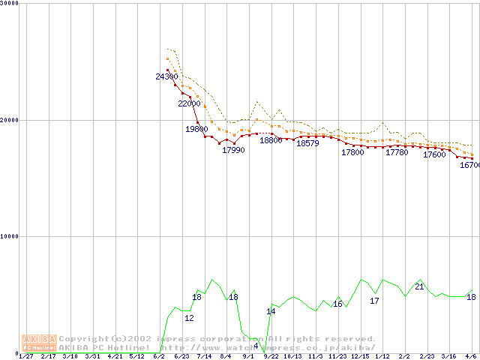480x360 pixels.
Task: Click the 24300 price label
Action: (x=166, y=76)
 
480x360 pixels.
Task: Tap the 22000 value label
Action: (x=189, y=103)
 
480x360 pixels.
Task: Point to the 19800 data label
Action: (x=196, y=129)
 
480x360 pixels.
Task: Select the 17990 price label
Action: (x=233, y=150)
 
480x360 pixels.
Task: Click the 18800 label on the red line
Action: (x=271, y=140)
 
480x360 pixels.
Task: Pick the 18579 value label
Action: (x=307, y=143)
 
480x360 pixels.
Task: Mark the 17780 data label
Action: (x=397, y=152)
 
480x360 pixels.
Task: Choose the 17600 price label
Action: (x=434, y=155)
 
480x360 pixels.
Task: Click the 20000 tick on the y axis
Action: (x=10, y=119)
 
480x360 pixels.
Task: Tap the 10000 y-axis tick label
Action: (x=10, y=236)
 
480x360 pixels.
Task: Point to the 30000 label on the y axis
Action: (x=10, y=3)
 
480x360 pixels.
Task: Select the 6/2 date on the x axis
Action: (x=158, y=356)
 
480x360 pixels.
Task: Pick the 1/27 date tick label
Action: (x=25, y=356)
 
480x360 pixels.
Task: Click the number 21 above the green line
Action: (x=419, y=286)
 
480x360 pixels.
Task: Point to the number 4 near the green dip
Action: (x=256, y=346)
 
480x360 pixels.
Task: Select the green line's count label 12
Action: (x=189, y=318)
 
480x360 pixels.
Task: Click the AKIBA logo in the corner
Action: (x=39, y=343)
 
